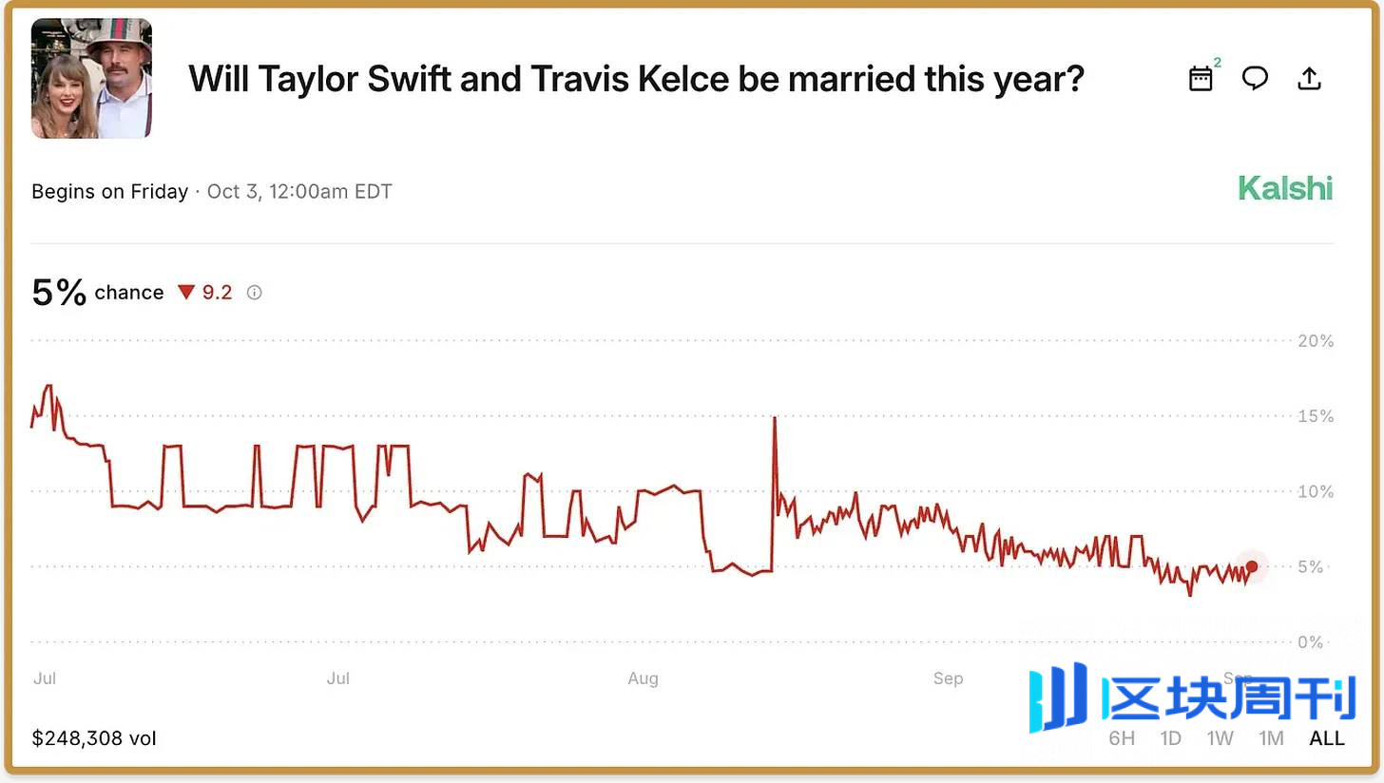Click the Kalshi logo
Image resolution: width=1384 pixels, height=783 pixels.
[x=1284, y=188]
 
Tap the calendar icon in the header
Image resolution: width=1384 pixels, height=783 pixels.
[x=1201, y=79]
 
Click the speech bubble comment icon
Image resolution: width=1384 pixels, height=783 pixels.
[x=1255, y=79]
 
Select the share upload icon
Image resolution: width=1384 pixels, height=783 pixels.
[x=1309, y=79]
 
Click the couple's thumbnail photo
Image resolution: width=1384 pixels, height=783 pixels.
[x=91, y=79]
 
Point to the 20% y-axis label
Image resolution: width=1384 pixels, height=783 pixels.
[x=1316, y=341]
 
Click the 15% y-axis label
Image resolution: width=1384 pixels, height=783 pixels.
[x=1316, y=416]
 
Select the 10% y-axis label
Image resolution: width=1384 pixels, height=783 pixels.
[x=1316, y=491]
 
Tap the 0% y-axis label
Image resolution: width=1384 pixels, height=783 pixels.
[x=1310, y=642]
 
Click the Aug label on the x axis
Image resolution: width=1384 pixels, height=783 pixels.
[x=643, y=678]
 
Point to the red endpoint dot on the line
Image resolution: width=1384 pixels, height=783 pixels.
[x=1252, y=567]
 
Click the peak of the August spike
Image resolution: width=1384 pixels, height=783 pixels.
[x=775, y=418]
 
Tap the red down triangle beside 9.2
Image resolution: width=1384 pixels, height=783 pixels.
[x=186, y=293]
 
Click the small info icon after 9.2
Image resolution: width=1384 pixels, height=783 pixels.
[x=254, y=293]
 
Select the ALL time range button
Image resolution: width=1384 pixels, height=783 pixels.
[x=1326, y=738]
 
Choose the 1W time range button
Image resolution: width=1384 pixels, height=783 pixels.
[x=1220, y=738]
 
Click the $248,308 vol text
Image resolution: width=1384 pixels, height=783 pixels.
[x=93, y=738]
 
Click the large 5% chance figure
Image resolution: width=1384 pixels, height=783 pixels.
[x=59, y=292]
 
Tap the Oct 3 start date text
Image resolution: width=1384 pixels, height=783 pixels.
[x=299, y=192]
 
